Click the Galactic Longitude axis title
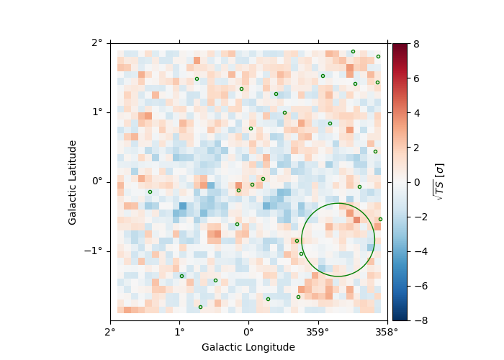pyautogui.click(x=248, y=347)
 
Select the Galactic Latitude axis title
pyautogui.click(x=73, y=181)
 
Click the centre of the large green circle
pyautogui.click(x=338, y=240)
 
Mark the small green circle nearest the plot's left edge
pyautogui.click(x=150, y=192)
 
